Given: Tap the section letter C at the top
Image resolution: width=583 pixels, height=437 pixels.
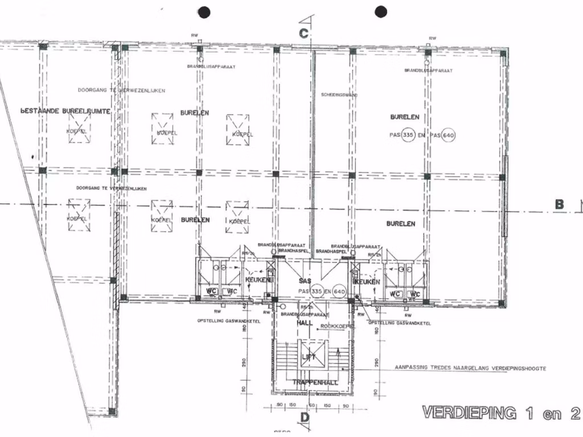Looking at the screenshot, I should coord(304,33).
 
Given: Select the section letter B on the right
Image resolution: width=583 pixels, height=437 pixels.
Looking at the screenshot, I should coord(559,205).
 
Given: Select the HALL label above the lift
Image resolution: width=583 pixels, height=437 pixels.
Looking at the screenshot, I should coord(303,323).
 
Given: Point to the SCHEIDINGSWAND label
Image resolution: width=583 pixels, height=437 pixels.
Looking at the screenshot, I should coord(340,94).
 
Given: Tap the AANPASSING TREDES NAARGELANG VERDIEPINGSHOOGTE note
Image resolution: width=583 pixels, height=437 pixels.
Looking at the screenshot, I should coord(470,368).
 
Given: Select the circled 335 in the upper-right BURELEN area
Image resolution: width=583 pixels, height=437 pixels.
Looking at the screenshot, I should coord(407,135).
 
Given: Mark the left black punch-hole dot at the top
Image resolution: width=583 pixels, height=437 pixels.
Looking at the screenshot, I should coord(204,11).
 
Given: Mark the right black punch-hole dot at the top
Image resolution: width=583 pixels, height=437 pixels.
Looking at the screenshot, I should coord(381,11).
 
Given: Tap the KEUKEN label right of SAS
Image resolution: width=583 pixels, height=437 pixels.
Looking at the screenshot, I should coord(367,282).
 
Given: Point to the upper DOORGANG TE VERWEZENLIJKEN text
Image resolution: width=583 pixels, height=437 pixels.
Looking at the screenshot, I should coord(122,91).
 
